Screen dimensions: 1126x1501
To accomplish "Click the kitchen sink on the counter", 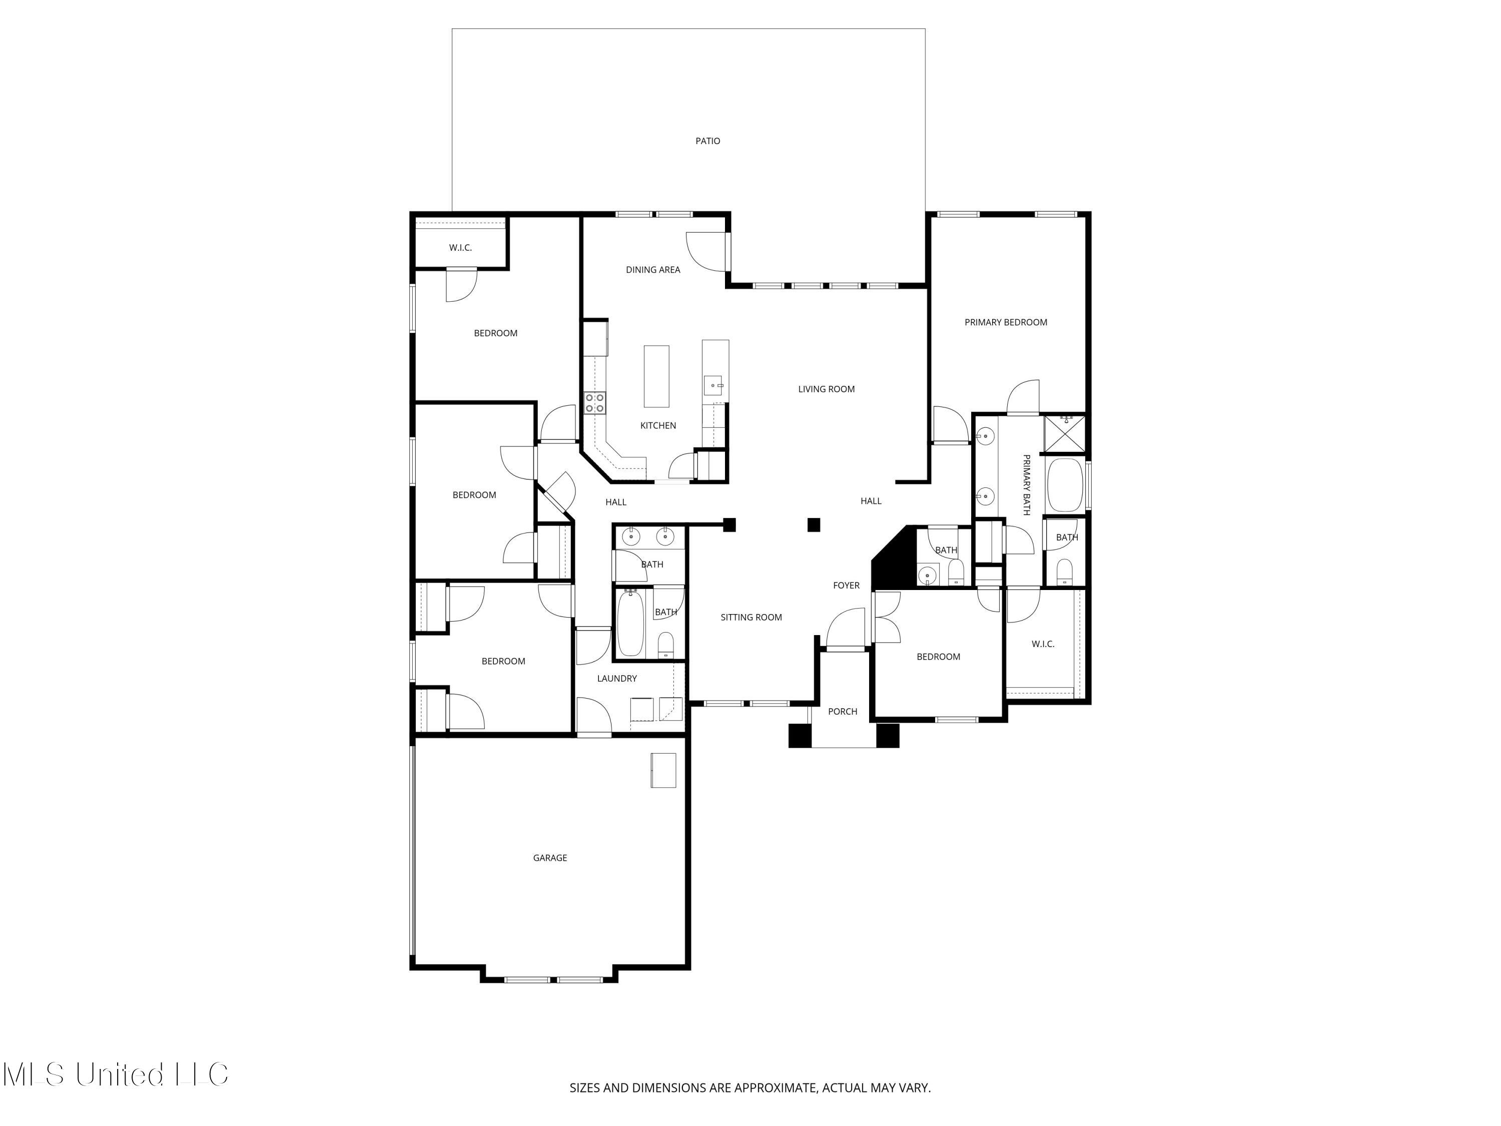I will coord(712,385).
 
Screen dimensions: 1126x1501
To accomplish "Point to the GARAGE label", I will coord(550,858).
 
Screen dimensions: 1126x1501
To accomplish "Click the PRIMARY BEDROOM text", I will coord(1006,322).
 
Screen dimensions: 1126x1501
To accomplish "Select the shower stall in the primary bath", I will coord(1065,433).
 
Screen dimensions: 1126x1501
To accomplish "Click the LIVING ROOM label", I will coord(826,389).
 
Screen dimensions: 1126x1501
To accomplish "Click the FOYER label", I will coord(846,585).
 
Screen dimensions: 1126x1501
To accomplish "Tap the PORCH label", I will coord(842,711).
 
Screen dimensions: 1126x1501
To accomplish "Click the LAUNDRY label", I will coord(616,678).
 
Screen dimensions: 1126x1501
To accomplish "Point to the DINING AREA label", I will coord(653,269).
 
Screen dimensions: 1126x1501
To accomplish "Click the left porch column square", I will coord(800,736).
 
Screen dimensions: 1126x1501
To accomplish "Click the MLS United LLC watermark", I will coord(116,1074).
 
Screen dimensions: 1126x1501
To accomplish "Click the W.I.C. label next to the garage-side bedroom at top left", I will coord(460,248).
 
